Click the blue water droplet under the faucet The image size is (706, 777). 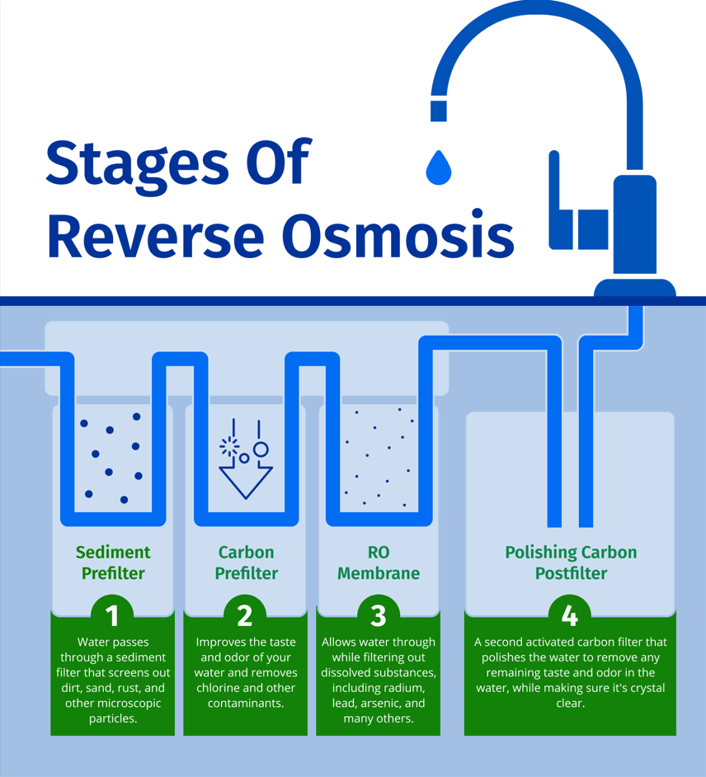[439, 167]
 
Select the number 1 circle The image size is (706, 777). [113, 615]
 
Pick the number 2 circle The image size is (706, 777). [245, 615]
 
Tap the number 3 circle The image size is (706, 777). [379, 615]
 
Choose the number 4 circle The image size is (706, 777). [570, 615]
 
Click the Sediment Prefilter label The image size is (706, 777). [113, 563]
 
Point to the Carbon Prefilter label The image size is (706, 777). [246, 563]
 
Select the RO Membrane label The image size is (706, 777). [379, 563]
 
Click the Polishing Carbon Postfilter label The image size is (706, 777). [570, 563]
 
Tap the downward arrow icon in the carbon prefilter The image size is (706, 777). [245, 478]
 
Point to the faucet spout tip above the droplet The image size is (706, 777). [439, 111]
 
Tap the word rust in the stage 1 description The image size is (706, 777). [129, 688]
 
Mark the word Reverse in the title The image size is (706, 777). [157, 235]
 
